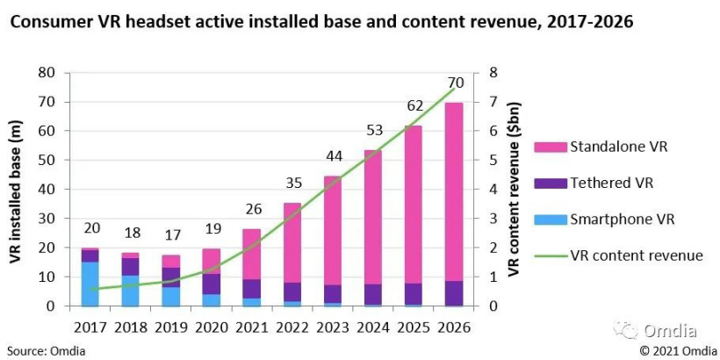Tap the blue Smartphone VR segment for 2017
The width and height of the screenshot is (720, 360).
90,284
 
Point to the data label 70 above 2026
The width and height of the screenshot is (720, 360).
455,83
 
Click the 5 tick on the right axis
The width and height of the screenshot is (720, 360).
493,160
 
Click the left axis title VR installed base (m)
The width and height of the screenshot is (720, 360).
16,188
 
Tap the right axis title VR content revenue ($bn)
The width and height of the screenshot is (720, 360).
515,188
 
